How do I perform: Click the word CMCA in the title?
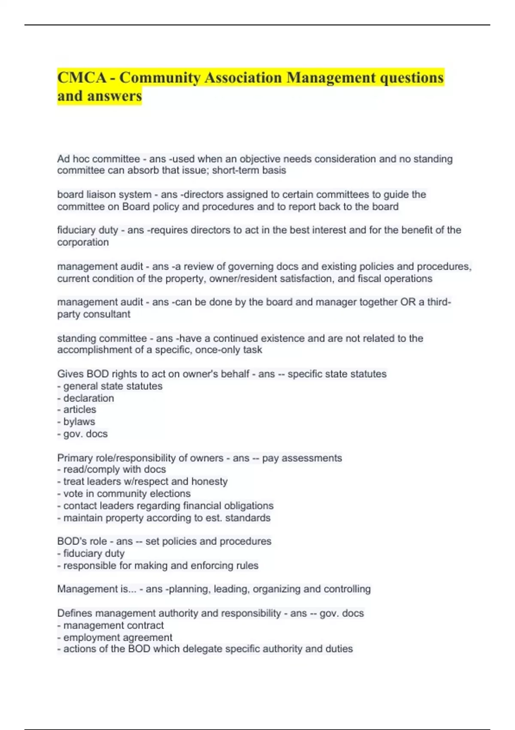tap(82, 78)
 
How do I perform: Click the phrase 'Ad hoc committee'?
tap(98, 159)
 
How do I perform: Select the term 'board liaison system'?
tap(104, 195)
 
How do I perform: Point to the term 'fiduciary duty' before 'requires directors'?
tap(88, 230)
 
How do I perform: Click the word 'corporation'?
tap(83, 242)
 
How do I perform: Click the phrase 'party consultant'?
tap(94, 314)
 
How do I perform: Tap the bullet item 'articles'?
tap(79, 410)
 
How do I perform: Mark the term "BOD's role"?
tap(82, 541)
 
